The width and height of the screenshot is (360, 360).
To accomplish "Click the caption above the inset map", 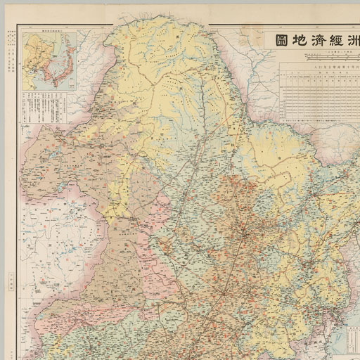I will (x=48, y=32).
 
